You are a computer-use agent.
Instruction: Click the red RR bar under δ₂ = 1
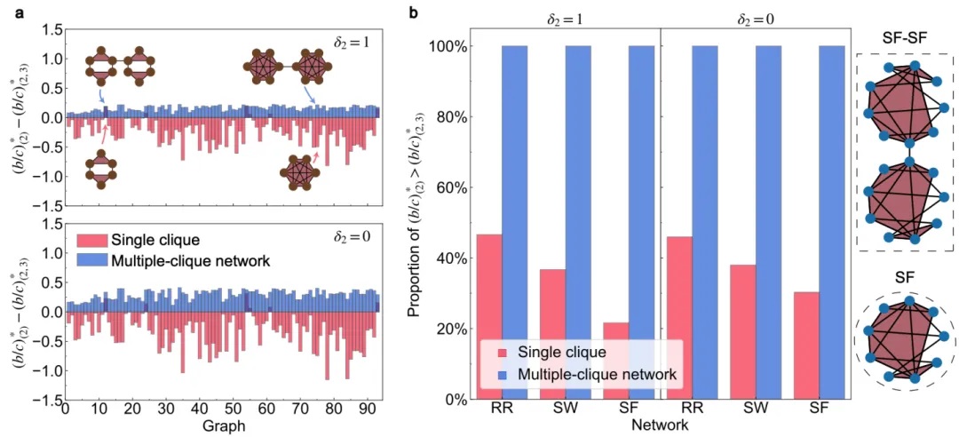click(490, 316)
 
